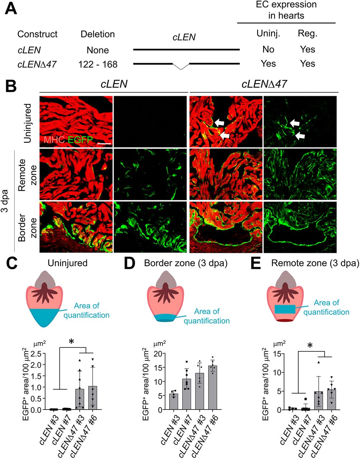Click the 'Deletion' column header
point(98,34)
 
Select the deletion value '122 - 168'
point(98,64)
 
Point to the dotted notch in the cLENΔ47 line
point(181,66)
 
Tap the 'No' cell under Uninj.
point(268,50)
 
